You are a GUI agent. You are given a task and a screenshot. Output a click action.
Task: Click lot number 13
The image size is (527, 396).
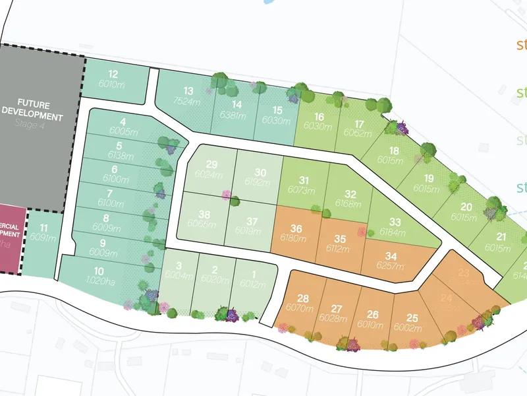[x=188, y=90]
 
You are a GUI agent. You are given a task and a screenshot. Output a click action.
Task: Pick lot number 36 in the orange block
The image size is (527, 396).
[x=296, y=229]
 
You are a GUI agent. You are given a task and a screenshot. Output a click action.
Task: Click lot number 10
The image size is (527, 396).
[x=99, y=271]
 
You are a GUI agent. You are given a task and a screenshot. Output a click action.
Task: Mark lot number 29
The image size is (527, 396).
[x=211, y=165]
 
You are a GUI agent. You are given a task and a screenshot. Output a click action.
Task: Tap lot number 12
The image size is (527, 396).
[x=113, y=74]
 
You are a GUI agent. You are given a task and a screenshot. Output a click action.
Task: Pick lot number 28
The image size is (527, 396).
[x=303, y=298]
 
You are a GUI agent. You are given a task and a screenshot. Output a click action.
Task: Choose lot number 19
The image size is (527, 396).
[x=429, y=178]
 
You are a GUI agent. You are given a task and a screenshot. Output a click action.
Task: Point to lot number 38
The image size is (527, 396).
[x=205, y=214]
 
